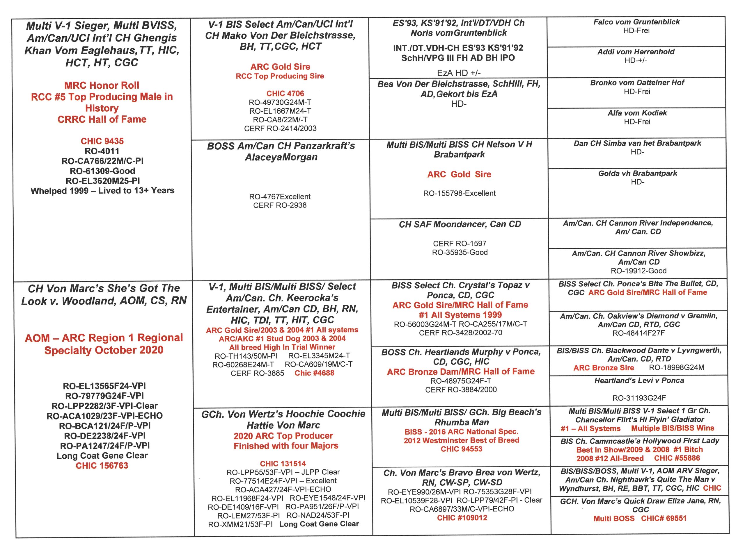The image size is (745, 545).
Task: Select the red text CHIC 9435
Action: click(x=102, y=141)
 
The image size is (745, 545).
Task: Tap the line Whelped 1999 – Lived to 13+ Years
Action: click(x=102, y=191)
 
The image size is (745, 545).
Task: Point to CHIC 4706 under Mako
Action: click(x=285, y=93)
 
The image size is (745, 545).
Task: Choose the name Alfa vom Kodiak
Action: click(x=637, y=113)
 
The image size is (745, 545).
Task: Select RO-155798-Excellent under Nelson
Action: click(x=459, y=193)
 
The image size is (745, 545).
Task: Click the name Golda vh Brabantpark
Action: click(x=637, y=173)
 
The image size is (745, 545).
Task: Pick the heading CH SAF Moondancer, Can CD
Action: click(x=460, y=224)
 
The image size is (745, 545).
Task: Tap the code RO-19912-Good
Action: click(x=638, y=271)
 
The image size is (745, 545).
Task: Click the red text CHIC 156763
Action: click(x=102, y=465)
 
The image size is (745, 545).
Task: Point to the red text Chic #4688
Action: click(x=314, y=373)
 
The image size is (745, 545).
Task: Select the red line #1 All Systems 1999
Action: click(x=460, y=315)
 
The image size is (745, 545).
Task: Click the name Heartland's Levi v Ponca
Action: click(x=639, y=380)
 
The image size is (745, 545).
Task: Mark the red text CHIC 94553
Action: click(x=461, y=449)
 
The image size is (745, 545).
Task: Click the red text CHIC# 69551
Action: click(x=664, y=518)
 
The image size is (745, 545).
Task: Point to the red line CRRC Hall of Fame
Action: click(x=102, y=119)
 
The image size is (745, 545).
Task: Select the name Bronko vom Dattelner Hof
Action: click(x=637, y=83)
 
